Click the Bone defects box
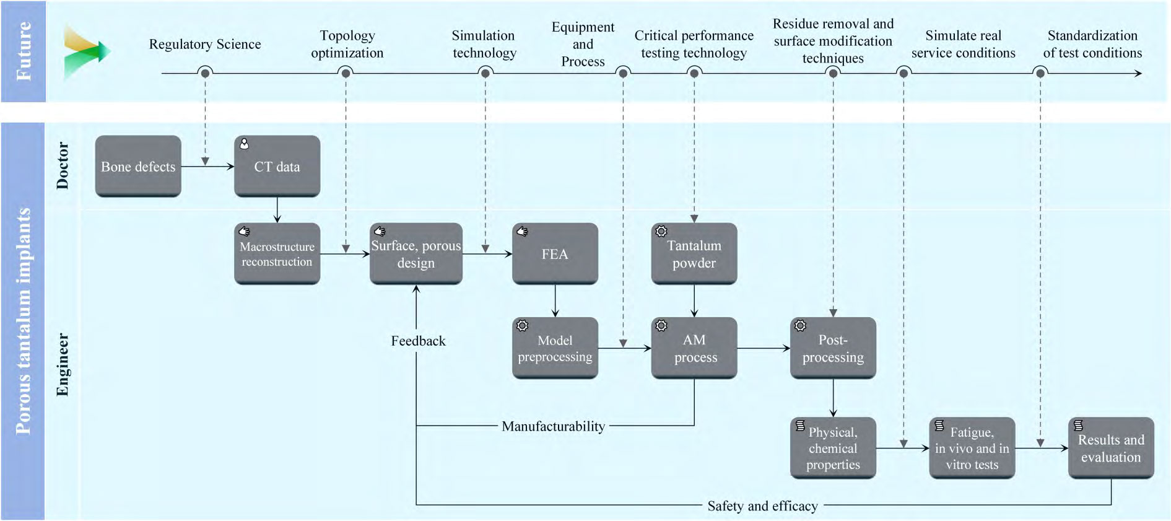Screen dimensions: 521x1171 pyautogui.click(x=138, y=166)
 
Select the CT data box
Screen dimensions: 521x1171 pyautogui.click(x=277, y=166)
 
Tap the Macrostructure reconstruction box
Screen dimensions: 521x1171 pyautogui.click(x=277, y=254)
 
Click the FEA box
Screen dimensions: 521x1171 pyautogui.click(x=555, y=254)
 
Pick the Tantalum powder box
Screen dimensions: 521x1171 pyautogui.click(x=694, y=254)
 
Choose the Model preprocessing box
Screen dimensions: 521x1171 pyautogui.click(x=555, y=348)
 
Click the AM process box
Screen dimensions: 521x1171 pyautogui.click(x=694, y=348)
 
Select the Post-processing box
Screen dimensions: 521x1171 pyautogui.click(x=833, y=348)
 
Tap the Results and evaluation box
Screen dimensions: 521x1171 pyautogui.click(x=1111, y=448)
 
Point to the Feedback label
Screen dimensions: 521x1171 pyautogui.click(x=418, y=341)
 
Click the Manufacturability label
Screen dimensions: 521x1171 pyautogui.click(x=553, y=426)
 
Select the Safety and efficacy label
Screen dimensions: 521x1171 pyautogui.click(x=762, y=506)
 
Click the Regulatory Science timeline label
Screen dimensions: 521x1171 pyautogui.click(x=205, y=44)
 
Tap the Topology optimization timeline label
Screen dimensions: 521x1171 pyautogui.click(x=347, y=44)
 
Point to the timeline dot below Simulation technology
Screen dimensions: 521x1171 pyautogui.click(x=485, y=73)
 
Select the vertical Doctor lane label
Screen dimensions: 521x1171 pyautogui.click(x=63, y=165)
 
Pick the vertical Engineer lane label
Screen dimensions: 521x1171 pyautogui.click(x=63, y=364)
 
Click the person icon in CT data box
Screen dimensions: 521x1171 pyautogui.click(x=245, y=144)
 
